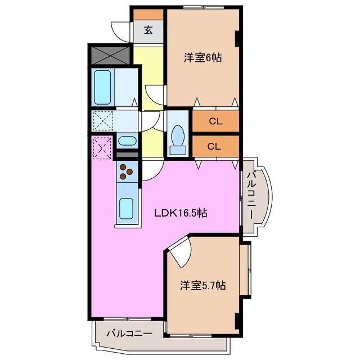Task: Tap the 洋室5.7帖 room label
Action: coord(202,286)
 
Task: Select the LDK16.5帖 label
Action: coord(181,213)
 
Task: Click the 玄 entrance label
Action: coord(148,30)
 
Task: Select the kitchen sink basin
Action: coord(126,209)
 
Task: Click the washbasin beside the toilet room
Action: coord(127,141)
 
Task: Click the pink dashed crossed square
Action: coord(102,148)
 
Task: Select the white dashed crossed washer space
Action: coord(103,120)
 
